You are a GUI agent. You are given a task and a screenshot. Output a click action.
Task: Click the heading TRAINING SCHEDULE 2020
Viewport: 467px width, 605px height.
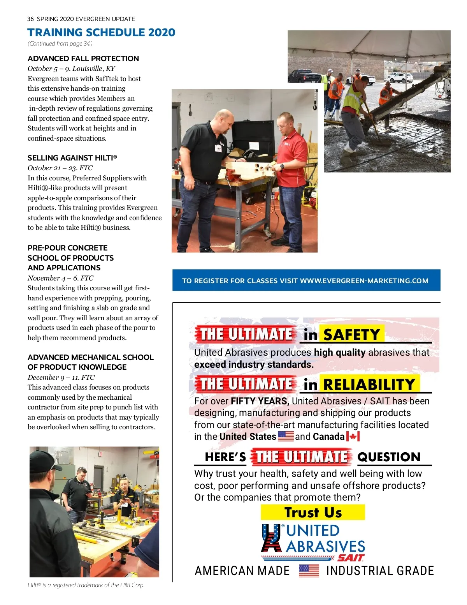(101, 32)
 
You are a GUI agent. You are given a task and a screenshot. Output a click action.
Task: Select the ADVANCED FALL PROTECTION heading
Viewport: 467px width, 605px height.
(83, 59)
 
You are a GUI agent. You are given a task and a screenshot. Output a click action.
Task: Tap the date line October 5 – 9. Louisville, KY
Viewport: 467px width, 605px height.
(71, 69)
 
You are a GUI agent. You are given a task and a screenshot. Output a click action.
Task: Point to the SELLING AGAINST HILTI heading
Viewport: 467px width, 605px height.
(72, 158)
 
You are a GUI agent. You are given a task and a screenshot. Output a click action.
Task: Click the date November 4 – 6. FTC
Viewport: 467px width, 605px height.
(60, 278)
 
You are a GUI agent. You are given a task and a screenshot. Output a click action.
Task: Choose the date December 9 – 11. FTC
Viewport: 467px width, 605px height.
(61, 377)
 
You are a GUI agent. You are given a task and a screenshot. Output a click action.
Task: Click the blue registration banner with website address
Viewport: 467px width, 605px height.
(306, 280)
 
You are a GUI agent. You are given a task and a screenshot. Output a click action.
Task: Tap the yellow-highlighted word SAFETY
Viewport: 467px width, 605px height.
(352, 334)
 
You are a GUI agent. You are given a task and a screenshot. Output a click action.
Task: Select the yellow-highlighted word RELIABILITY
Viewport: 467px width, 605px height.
(369, 385)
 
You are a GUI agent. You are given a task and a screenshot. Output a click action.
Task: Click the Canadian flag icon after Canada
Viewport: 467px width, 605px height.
(353, 436)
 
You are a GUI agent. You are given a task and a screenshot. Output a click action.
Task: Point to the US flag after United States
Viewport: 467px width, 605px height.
(286, 436)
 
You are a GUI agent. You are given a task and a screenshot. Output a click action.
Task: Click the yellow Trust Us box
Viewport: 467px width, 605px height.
(313, 512)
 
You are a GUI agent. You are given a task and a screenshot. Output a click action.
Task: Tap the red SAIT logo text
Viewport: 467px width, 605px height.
(351, 558)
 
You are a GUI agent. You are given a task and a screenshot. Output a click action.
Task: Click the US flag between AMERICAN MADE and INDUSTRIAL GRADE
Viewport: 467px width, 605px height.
(309, 571)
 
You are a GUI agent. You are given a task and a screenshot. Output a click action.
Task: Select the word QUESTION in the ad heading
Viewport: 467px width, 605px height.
(389, 457)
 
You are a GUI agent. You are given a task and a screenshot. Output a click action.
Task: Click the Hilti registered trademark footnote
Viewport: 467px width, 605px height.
(86, 585)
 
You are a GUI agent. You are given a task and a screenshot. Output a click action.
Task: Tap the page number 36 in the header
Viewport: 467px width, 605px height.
(30, 19)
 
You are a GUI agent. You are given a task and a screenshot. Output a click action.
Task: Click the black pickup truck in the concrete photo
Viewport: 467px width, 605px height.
(304, 76)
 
